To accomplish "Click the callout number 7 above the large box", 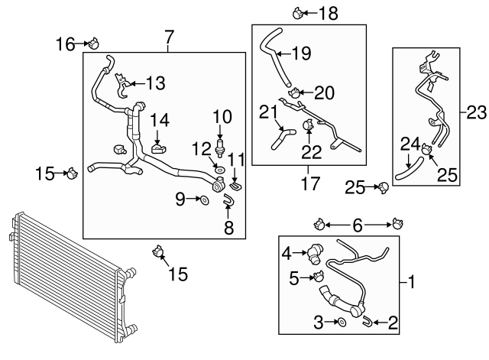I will point(169,36).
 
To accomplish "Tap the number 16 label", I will point(65,44).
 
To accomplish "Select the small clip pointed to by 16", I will point(96,43).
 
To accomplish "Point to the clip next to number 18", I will point(298,11).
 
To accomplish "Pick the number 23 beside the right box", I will point(475,113).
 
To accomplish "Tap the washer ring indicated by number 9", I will point(204,200).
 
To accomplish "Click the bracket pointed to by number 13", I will point(122,83).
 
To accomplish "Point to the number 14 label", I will point(159,119).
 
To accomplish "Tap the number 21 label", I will point(268,112).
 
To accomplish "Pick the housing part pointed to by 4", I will point(316,255).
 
